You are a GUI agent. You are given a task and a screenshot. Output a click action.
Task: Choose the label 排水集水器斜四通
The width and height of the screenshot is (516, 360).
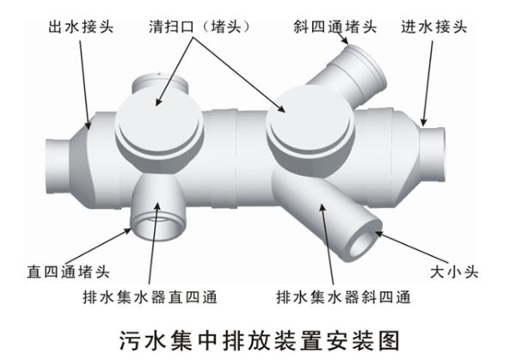click(343, 298)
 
